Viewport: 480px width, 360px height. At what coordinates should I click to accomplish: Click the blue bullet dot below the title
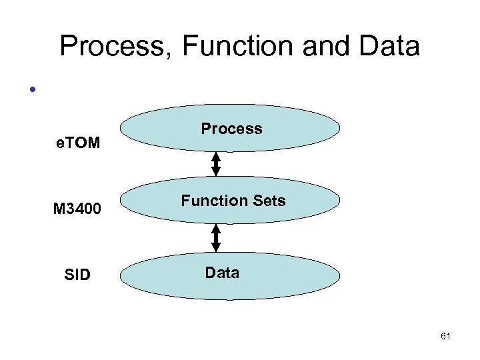click(x=31, y=89)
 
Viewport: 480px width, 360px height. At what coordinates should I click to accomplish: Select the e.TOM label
click(x=77, y=141)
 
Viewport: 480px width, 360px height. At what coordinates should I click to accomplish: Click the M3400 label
click(x=77, y=209)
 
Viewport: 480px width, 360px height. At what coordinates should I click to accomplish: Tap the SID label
click(x=77, y=275)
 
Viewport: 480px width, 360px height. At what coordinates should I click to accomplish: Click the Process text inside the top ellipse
click(x=231, y=129)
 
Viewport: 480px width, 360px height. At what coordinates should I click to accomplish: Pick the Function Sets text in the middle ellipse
click(x=233, y=201)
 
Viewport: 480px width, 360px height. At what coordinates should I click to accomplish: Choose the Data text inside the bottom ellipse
click(x=222, y=273)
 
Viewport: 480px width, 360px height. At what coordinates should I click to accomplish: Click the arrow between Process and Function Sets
click(x=216, y=164)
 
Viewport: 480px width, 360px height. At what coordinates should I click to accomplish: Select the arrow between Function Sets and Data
click(x=216, y=237)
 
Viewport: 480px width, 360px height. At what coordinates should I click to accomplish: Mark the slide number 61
click(x=445, y=337)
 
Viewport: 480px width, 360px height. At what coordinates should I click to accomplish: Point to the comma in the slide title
click(x=171, y=56)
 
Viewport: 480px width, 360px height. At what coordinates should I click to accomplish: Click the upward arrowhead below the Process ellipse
click(x=216, y=157)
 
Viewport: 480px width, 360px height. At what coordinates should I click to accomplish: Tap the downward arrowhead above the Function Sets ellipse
click(x=216, y=171)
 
